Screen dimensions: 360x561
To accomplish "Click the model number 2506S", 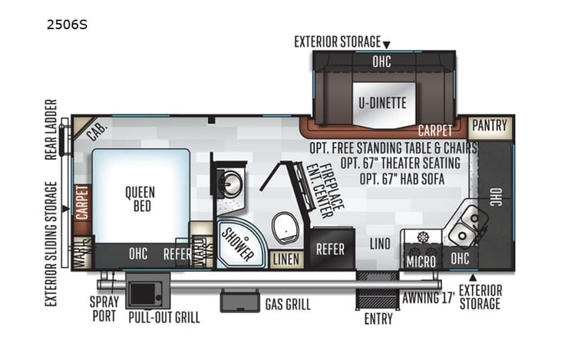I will pyautogui.click(x=67, y=24).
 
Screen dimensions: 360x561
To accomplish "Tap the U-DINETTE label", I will pyautogui.click(x=381, y=102).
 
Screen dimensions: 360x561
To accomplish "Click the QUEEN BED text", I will pyautogui.click(x=140, y=199).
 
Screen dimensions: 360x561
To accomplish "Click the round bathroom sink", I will pyautogui.click(x=229, y=183).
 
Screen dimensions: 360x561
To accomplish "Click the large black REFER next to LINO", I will pyautogui.click(x=331, y=250).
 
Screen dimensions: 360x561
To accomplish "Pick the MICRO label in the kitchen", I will pyautogui.click(x=421, y=262).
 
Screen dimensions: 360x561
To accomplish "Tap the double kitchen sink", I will pyautogui.click(x=467, y=224).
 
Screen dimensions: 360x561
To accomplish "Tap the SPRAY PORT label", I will pyautogui.click(x=104, y=306).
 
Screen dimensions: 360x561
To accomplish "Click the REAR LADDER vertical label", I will pyautogui.click(x=51, y=127).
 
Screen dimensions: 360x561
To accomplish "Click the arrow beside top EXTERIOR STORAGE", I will pyautogui.click(x=387, y=45).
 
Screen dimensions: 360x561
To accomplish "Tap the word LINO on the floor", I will pyautogui.click(x=379, y=244).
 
